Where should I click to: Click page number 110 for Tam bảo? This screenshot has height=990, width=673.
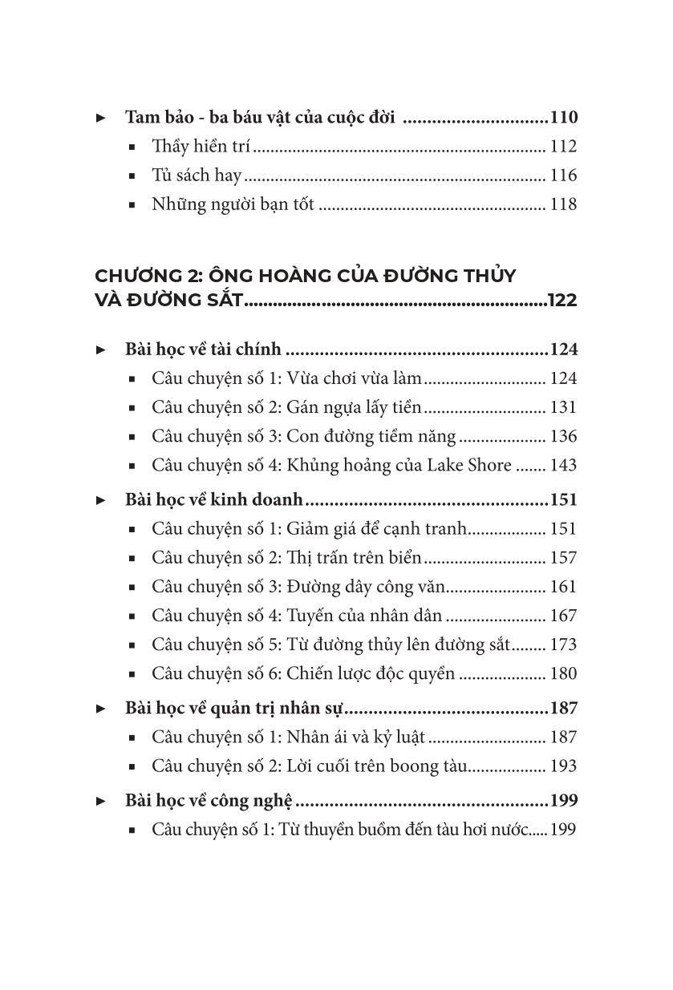pos(563,118)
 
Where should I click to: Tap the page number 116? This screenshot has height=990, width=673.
pos(563,176)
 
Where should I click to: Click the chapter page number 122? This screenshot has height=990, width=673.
pos(562,301)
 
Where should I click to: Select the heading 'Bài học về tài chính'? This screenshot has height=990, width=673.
pos(204,350)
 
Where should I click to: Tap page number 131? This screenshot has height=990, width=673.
pos(563,407)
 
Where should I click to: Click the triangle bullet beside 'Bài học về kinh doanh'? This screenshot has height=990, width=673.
pos(101,500)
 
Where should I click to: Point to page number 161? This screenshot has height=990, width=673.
pos(563,587)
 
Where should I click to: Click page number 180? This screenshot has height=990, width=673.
pos(563,673)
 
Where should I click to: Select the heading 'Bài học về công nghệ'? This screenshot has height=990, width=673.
pos(209,801)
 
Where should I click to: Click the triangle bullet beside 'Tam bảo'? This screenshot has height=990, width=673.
pos(101,118)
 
